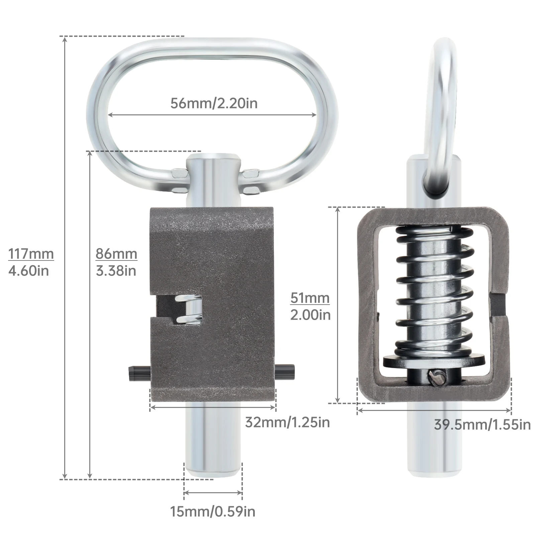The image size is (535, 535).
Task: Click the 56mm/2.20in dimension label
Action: [x=214, y=103]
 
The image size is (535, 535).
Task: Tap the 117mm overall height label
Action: [x=31, y=254]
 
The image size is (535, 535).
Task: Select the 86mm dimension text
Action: [x=116, y=254]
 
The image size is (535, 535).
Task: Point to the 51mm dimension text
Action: [x=310, y=298]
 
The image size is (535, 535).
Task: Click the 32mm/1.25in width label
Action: [x=288, y=422]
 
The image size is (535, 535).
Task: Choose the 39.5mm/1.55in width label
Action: [x=483, y=425]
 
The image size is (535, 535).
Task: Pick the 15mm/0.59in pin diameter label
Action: [x=213, y=512]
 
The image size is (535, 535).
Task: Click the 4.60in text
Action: [x=29, y=271]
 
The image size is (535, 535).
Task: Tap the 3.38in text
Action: [x=116, y=271]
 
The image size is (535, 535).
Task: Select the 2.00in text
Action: [x=310, y=315]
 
